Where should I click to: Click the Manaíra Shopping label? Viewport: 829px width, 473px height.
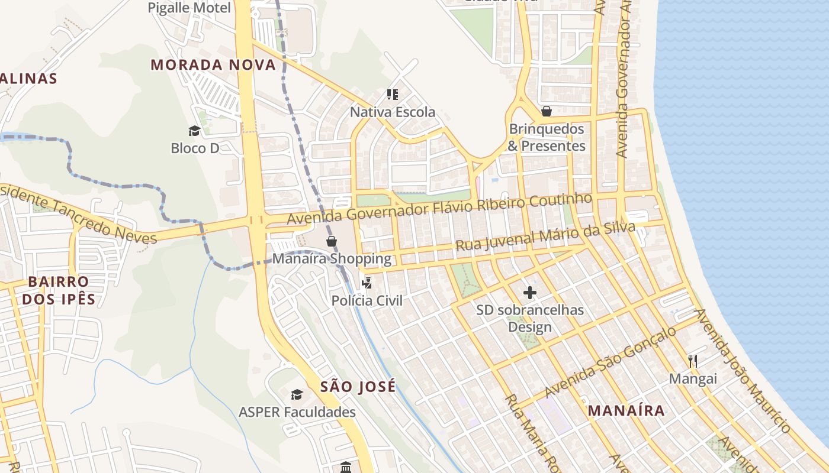tap(332, 259)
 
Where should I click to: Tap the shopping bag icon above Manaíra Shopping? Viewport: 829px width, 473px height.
tap(332, 241)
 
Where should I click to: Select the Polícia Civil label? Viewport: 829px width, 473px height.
tap(367, 300)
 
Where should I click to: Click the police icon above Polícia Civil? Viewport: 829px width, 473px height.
tap(367, 283)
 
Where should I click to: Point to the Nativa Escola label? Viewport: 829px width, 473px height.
tap(392, 112)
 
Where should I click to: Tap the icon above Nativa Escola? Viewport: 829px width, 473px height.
tap(392, 94)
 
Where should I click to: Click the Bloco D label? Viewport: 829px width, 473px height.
tap(195, 148)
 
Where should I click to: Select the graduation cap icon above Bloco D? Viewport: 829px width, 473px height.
tap(194, 131)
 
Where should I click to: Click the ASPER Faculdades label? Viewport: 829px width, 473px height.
tap(297, 412)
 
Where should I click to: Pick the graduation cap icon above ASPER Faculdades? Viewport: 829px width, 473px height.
tap(297, 394)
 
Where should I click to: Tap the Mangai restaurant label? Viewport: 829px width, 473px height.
tap(693, 378)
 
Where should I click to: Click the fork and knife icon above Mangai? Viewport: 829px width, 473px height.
tap(693, 361)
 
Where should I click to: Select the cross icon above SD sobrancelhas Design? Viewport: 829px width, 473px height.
tap(530, 293)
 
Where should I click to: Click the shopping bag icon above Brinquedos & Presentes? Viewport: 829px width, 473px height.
tap(546, 111)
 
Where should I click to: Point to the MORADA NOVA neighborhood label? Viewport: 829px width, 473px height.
tap(213, 64)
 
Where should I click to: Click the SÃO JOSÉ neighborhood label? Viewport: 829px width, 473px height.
tap(358, 387)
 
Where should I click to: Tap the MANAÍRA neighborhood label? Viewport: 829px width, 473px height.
tap(626, 410)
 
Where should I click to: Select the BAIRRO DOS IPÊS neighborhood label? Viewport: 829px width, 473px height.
tap(58, 290)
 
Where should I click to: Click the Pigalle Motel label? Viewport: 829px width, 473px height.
tap(189, 8)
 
